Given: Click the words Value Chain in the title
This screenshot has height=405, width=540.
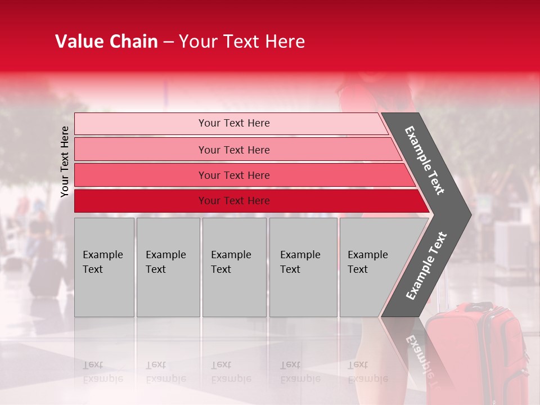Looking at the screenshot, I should (x=106, y=42).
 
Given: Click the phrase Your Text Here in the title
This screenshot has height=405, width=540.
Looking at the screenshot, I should (x=242, y=42).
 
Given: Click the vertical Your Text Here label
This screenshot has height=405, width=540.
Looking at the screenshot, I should (x=65, y=161).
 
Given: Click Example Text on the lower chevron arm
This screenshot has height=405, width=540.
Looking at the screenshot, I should (x=426, y=266).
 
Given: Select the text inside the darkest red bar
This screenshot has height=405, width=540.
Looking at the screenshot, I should (x=234, y=201).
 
